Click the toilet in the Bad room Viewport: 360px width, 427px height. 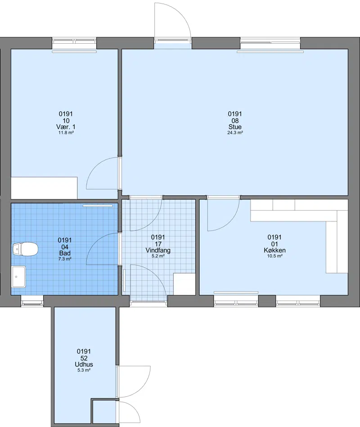pyautogui.click(x=25, y=249)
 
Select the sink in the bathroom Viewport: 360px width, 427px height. pyautogui.click(x=18, y=277)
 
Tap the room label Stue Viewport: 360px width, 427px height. pyautogui.click(x=235, y=127)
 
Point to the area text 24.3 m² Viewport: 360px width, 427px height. pyautogui.click(x=235, y=133)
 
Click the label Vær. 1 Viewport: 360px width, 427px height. pyautogui.click(x=66, y=127)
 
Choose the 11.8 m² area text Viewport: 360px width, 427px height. pyautogui.click(x=66, y=133)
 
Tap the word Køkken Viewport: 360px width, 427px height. pyautogui.click(x=274, y=250)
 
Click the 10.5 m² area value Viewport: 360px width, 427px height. pyautogui.click(x=274, y=256)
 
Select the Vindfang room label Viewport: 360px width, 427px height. pyautogui.click(x=158, y=250)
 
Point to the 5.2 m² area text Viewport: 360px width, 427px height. pyautogui.click(x=158, y=256)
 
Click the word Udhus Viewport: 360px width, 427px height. pyautogui.click(x=84, y=364)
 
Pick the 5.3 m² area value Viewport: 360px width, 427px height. pyautogui.click(x=84, y=370)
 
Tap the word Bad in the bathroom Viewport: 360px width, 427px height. pyautogui.click(x=65, y=253)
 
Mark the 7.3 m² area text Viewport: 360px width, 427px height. pyautogui.click(x=65, y=259)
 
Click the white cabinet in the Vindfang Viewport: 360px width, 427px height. pyautogui.click(x=184, y=284)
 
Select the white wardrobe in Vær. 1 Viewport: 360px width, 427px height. pyautogui.click(x=44, y=188)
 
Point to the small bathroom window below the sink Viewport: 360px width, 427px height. pyautogui.click(x=32, y=301)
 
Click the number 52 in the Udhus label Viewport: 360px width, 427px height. pyautogui.click(x=84, y=358)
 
